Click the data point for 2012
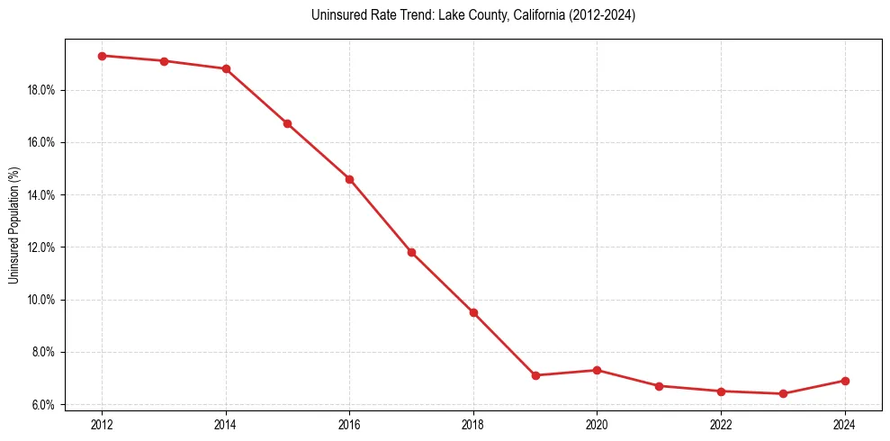point(102,56)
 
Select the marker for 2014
point(226,68)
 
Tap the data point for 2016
point(349,179)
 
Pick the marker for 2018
point(473,312)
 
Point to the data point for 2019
point(535,375)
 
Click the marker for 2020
point(597,370)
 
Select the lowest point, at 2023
point(783,393)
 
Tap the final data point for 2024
point(844,381)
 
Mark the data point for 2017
point(411,252)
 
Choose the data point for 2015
point(287,123)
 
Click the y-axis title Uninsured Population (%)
point(14,224)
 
